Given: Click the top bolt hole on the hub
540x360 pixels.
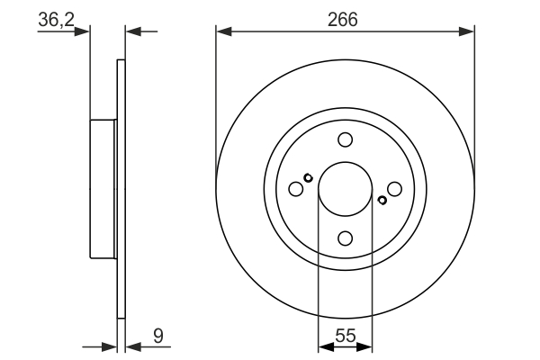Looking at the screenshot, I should [x=345, y=139].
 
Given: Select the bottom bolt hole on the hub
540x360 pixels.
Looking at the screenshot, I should [x=345, y=238].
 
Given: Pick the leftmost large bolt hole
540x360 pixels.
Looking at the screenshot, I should [x=295, y=189].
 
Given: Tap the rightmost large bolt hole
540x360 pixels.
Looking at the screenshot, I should [x=394, y=189].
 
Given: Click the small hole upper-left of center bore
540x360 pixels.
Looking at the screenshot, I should [x=308, y=177].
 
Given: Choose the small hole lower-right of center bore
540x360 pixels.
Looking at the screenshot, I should [x=382, y=200].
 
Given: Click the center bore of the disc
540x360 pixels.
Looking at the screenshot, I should [x=345, y=189].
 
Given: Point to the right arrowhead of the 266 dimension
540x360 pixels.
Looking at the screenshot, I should [x=467, y=31].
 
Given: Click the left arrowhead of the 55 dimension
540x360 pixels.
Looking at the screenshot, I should [x=326, y=346].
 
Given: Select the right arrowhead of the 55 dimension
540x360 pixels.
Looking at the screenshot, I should [x=364, y=346].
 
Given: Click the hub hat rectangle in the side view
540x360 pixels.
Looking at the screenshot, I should [x=104, y=189].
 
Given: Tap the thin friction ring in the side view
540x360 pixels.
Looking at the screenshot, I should [x=121, y=189].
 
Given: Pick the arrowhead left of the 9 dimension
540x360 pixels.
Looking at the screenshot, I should [x=111, y=346].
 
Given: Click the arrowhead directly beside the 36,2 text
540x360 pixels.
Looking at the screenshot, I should [x=84, y=31].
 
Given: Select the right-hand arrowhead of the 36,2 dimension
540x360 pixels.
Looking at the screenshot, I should [x=132, y=31].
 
